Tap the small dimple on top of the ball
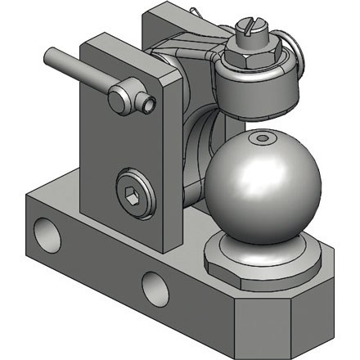[261, 140]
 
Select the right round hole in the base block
[154, 287]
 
